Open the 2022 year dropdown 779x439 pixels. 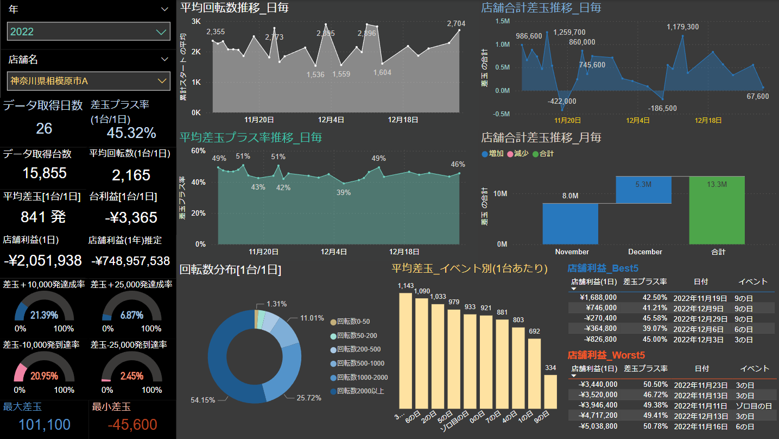coord(88,32)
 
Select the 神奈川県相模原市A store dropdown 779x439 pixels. coord(88,81)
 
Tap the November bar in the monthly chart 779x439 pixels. coord(570,223)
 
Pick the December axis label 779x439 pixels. coord(645,252)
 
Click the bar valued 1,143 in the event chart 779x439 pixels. coord(405,350)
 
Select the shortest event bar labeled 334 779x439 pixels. coord(550,391)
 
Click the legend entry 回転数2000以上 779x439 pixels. coord(360,391)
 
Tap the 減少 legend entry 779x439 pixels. coord(520,154)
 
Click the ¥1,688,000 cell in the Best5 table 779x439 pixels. coord(598,298)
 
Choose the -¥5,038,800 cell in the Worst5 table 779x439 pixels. coord(598,427)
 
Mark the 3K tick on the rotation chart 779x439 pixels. coord(196,22)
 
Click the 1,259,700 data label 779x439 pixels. coord(569,32)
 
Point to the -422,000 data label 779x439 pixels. coord(562,101)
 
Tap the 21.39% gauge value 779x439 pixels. coord(45,315)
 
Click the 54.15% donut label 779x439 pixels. coord(202,400)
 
